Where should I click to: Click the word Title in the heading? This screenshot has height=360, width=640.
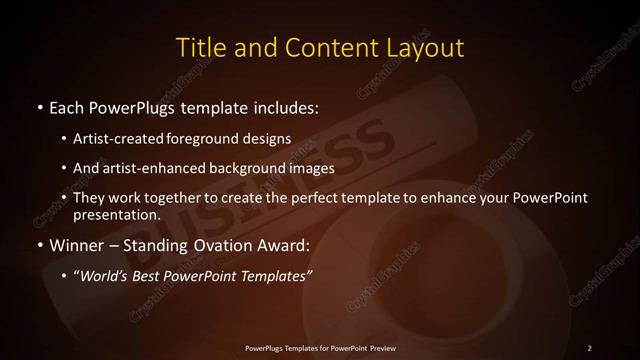tap(199, 47)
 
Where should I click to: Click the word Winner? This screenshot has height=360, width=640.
tap(75, 243)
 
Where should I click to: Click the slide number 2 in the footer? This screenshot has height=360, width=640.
tap(589, 347)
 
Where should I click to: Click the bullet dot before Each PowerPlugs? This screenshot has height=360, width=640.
tap(38, 106)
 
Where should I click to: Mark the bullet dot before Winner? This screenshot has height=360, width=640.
tap(38, 243)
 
